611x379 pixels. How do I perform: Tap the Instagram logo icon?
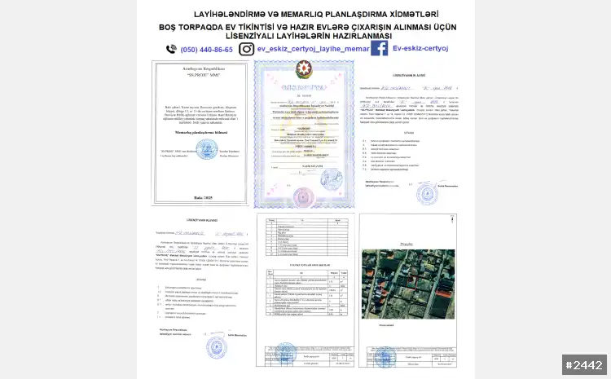[245, 49]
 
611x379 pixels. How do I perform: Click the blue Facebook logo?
[379, 49]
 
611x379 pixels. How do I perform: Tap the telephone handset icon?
[171, 49]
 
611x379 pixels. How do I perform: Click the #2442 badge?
[584, 364]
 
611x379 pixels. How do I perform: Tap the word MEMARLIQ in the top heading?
[286, 15]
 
